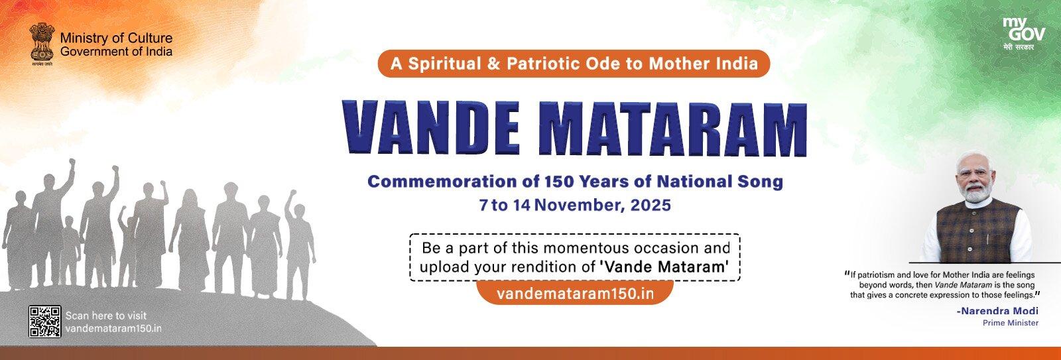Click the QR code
pos(45,321)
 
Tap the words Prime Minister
pos(1011,322)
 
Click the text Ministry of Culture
pos(116,39)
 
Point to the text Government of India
pos(116,52)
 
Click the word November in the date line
pos(576,204)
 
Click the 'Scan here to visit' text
pos(106,316)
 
